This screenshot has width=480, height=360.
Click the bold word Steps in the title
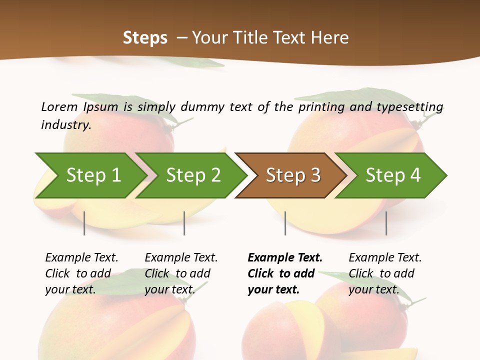145,37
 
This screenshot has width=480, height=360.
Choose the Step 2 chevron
193,175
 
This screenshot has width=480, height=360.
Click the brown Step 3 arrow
293,175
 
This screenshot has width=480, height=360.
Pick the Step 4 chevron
393,175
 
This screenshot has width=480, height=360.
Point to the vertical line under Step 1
84,223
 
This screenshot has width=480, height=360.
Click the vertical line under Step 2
184,223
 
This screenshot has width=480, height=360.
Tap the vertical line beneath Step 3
285,223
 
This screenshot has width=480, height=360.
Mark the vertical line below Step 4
386,223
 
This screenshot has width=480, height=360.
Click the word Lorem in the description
59,107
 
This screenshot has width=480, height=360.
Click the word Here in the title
329,37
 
